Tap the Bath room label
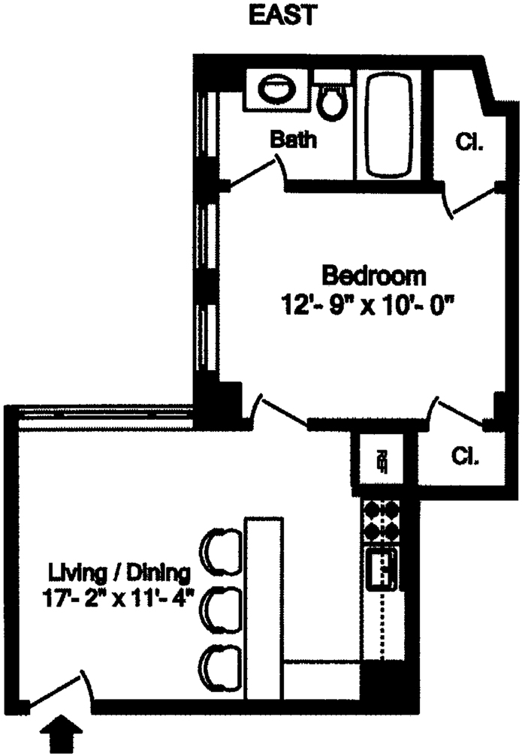pyautogui.click(x=293, y=140)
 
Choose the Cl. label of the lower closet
pyautogui.click(x=465, y=456)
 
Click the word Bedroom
pyautogui.click(x=373, y=276)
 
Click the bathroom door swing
pyautogui.click(x=255, y=171)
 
